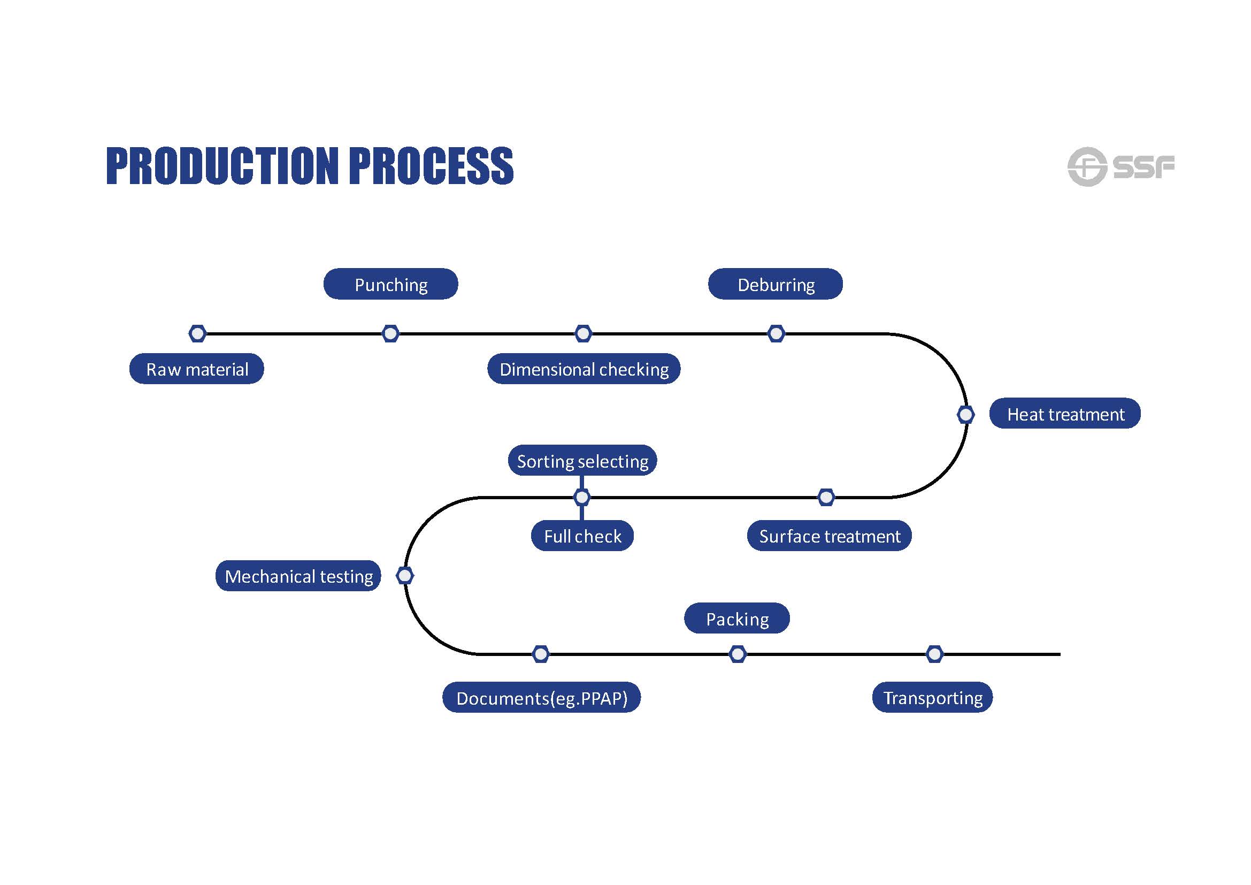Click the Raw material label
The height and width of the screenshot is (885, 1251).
[197, 369]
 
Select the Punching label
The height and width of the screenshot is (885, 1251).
[390, 284]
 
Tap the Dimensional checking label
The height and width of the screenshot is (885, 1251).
[584, 369]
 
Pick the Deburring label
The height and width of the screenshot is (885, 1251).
[776, 284]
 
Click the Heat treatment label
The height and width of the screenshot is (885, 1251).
[1065, 414]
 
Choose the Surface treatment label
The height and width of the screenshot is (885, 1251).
[828, 536]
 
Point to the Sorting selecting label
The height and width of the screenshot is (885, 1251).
[582, 461]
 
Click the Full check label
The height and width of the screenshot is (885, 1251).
[582, 536]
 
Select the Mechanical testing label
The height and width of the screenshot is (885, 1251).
[298, 576]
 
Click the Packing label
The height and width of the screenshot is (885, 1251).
[736, 618]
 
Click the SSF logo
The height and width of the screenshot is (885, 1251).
[1120, 166]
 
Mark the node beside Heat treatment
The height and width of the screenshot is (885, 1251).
[965, 415]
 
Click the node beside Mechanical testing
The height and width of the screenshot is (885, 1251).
[405, 576]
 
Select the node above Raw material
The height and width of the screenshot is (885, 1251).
[197, 333]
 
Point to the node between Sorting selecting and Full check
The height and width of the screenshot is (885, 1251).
[582, 497]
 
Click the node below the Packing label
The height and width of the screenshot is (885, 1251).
[737, 654]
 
